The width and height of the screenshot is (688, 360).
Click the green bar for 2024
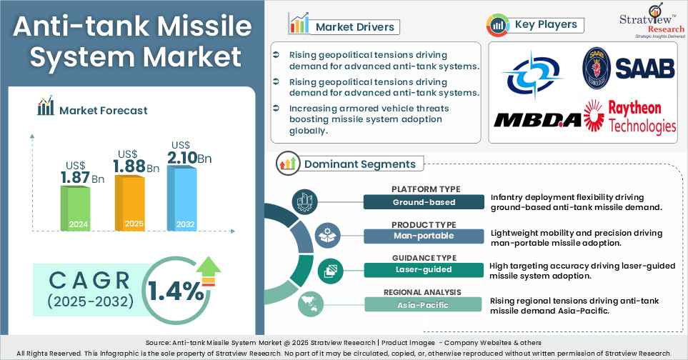(x=75, y=207)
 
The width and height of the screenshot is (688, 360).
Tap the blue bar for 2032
(x=181, y=197)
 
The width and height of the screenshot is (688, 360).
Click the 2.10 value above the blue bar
(x=183, y=157)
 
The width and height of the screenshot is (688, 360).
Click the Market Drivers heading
(x=354, y=27)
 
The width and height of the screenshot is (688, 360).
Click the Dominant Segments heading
(x=359, y=164)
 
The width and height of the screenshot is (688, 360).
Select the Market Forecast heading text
(x=104, y=110)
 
